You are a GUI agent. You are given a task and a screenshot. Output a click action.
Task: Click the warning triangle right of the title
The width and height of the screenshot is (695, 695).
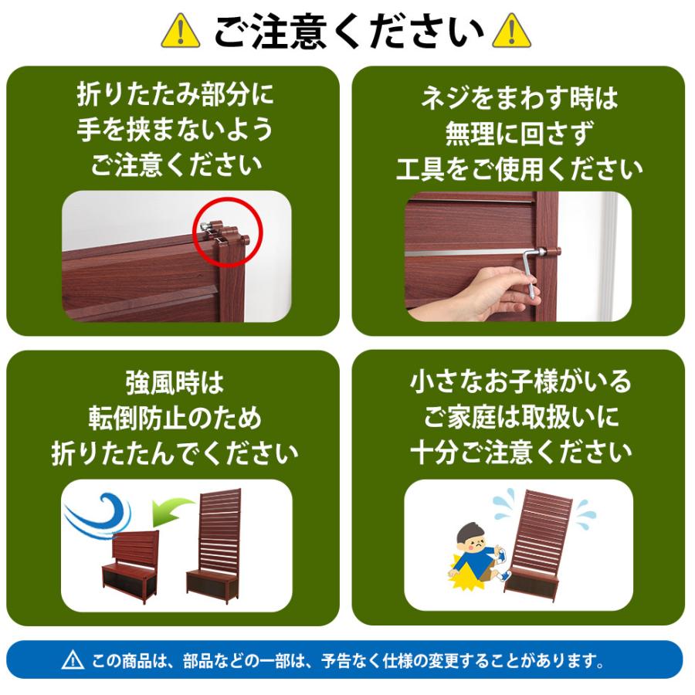click(x=511, y=32)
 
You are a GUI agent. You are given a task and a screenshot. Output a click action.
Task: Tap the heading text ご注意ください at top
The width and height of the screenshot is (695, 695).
click(x=347, y=32)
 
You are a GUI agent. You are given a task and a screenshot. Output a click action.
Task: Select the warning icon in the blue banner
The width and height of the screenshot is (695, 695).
click(x=72, y=660)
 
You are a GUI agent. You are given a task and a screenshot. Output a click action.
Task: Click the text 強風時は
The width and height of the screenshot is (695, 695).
click(x=175, y=382)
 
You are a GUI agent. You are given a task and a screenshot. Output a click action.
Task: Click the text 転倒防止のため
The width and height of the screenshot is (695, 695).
click(x=175, y=418)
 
